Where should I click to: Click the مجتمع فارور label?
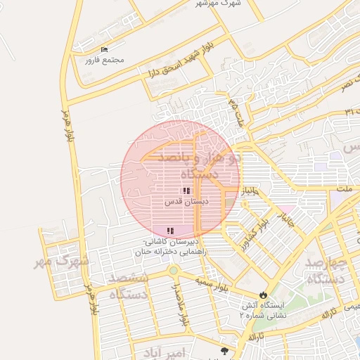point(104,60)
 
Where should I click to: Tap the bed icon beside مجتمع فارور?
point(104,49)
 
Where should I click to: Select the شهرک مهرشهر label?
point(218,3)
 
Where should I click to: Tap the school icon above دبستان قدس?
point(186,191)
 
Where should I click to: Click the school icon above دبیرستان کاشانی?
point(170,231)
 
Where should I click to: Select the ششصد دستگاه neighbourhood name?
point(129,286)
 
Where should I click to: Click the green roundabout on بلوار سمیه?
point(173,271)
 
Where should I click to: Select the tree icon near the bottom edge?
point(224,351)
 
